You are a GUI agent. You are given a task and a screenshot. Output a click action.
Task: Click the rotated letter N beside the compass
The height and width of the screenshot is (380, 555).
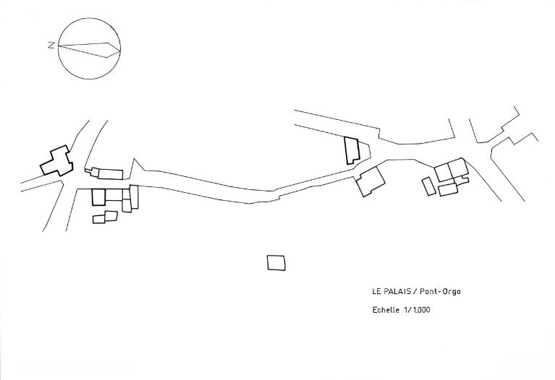(x=51, y=46)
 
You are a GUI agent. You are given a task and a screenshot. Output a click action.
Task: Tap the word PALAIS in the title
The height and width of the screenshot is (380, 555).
(x=396, y=292)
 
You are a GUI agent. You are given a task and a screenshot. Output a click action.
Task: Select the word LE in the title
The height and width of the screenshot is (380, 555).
(x=377, y=292)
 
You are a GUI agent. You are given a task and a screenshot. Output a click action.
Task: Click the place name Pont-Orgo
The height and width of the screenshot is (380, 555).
(x=440, y=292)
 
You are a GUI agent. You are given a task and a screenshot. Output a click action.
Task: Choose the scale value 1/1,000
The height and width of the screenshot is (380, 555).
(x=418, y=311)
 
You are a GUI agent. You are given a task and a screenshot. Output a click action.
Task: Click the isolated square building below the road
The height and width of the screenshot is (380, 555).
(x=276, y=263)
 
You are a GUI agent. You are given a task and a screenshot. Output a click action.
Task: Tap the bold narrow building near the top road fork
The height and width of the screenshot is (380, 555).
(x=352, y=150)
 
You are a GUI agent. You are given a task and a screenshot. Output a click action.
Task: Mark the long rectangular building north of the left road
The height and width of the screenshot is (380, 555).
(x=110, y=173)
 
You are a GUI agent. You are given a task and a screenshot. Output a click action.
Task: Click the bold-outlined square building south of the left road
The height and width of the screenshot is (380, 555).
(x=99, y=196)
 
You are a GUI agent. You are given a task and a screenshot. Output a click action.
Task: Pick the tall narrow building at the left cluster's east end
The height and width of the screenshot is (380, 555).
(x=134, y=197)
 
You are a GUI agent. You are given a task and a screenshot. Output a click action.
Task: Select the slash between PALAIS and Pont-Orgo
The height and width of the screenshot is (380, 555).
(x=415, y=292)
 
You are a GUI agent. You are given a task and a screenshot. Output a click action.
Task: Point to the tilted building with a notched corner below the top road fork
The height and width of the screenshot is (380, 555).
(x=371, y=181)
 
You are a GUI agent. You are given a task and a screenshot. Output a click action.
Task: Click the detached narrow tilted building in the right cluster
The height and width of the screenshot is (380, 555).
(x=428, y=186)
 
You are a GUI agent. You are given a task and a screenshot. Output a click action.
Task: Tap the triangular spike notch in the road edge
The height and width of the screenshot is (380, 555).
(x=137, y=164)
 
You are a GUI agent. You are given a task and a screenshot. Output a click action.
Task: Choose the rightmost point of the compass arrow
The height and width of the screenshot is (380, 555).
(x=119, y=49)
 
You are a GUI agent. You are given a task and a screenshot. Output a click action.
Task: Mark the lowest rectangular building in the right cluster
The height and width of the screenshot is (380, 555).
(x=448, y=190)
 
